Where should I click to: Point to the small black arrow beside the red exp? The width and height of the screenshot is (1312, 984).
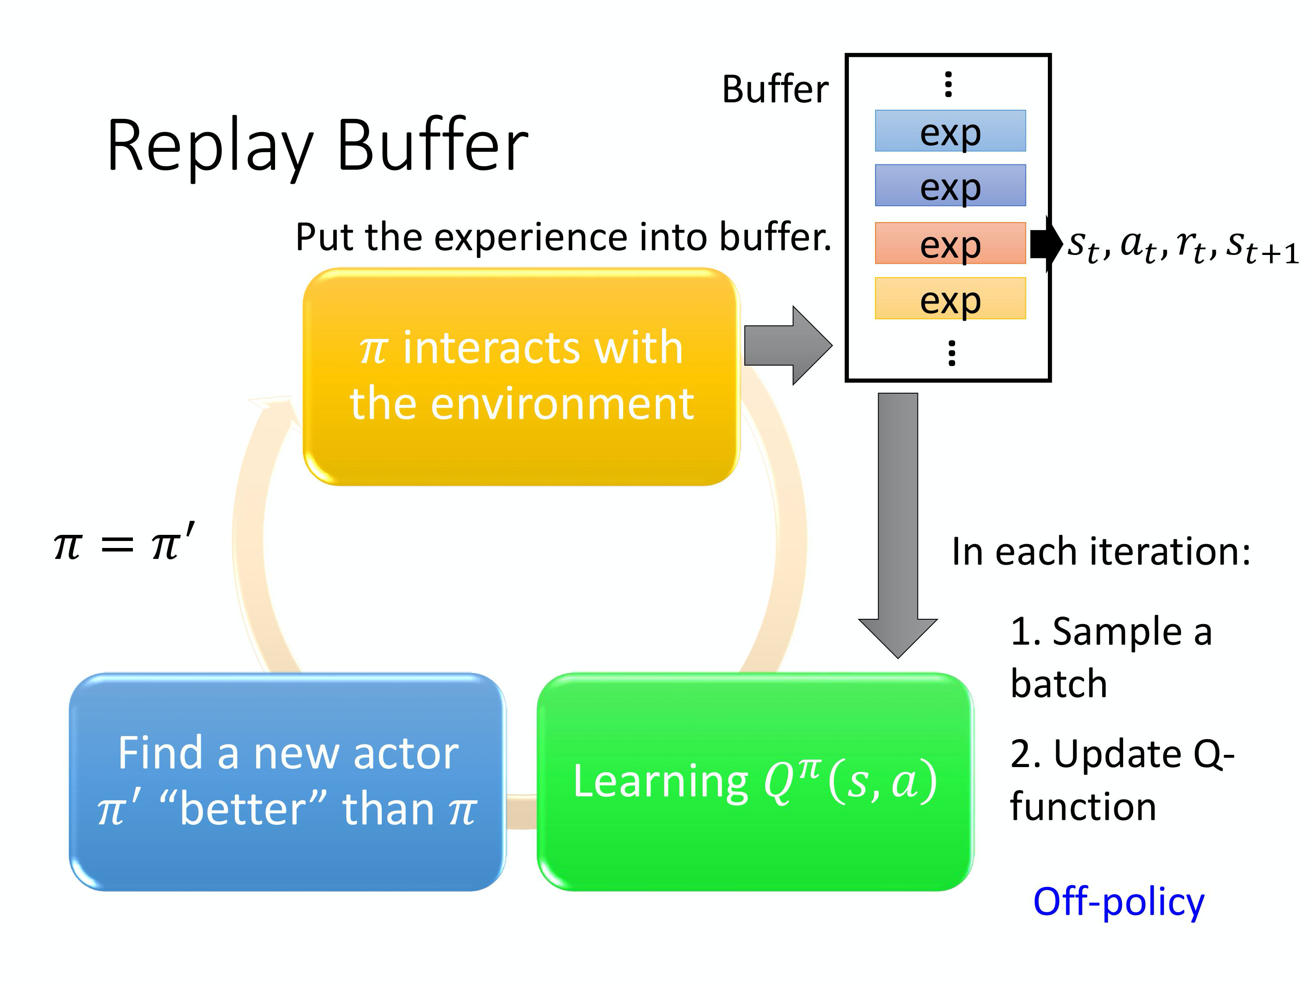pyautogui.click(x=1045, y=244)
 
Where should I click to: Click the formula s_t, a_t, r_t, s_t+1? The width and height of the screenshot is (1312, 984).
pyautogui.click(x=1182, y=245)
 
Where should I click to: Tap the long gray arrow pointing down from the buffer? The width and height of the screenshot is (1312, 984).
pyautogui.click(x=897, y=522)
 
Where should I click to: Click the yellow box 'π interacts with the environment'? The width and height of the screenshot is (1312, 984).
pyautogui.click(x=521, y=377)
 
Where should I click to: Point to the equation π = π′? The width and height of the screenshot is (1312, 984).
pyautogui.click(x=124, y=544)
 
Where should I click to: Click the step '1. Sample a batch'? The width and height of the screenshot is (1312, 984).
pyautogui.click(x=1110, y=657)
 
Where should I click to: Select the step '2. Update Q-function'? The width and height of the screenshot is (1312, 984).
pyautogui.click(x=1121, y=780)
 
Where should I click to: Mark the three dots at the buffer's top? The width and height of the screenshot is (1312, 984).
pyautogui.click(x=949, y=84)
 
